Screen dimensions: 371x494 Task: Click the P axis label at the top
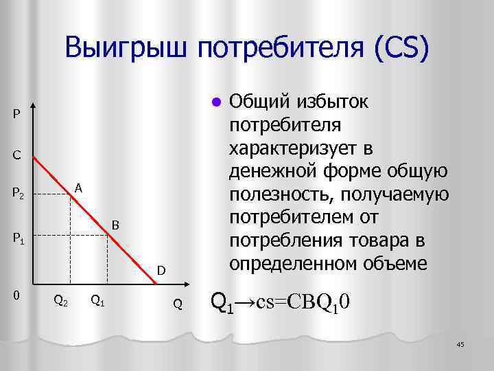16,113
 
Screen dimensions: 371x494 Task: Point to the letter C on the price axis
16,155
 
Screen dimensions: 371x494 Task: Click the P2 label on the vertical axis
19,195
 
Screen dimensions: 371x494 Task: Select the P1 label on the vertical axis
19,239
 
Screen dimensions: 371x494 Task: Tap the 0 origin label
16,295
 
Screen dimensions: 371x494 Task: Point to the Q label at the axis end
177,304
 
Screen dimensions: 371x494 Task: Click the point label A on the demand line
79,187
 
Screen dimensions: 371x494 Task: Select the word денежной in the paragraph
269,171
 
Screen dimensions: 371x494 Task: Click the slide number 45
460,344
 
